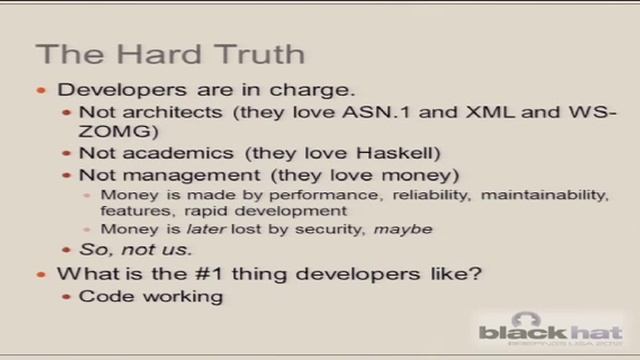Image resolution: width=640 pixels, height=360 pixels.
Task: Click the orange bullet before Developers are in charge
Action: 41,90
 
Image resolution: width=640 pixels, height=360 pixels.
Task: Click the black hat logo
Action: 549,331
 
